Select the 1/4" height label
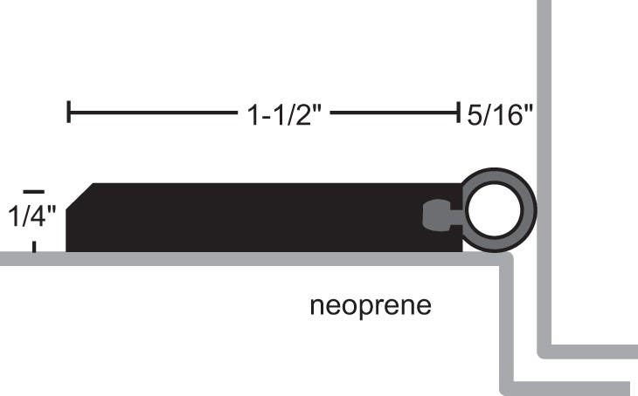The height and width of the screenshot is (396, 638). [x=31, y=215]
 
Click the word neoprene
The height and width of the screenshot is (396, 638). [x=371, y=307]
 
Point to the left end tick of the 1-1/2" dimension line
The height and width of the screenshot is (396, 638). [x=68, y=113]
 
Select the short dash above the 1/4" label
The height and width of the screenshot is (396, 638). [x=33, y=190]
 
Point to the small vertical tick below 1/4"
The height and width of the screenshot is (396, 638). [x=34, y=246]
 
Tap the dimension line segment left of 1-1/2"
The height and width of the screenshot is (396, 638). [x=149, y=113]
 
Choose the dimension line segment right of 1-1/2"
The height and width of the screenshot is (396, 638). [x=393, y=113]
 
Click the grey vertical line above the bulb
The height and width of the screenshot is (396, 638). [x=543, y=87]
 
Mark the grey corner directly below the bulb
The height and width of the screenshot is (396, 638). [x=505, y=260]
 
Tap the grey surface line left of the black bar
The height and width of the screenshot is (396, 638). [x=31, y=258]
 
